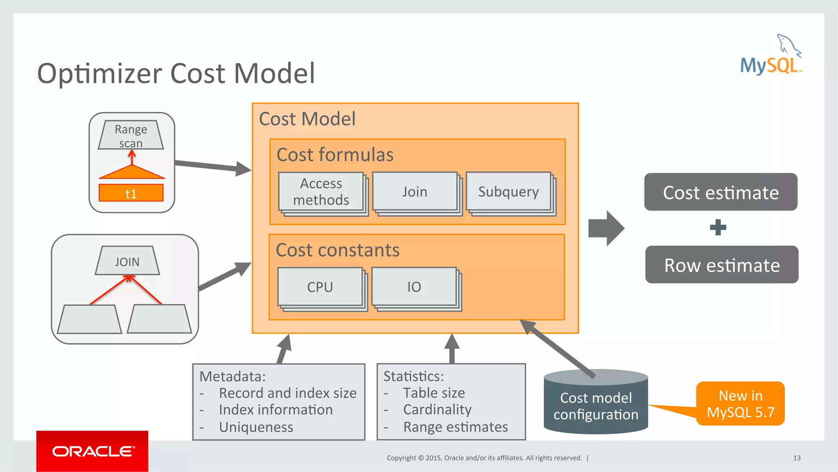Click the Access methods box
pyautogui.click(x=321, y=192)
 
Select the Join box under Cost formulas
pyautogui.click(x=414, y=192)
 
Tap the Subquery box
pyautogui.click(x=509, y=192)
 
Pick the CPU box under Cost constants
pyautogui.click(x=320, y=287)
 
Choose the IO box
pyautogui.click(x=414, y=287)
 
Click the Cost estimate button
pyautogui.click(x=721, y=192)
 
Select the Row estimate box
pyautogui.click(x=722, y=265)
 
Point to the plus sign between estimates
pyautogui.click(x=718, y=228)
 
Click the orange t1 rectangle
pyautogui.click(x=131, y=193)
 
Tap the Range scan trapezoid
pyautogui.click(x=131, y=135)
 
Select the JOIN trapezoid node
pyautogui.click(x=127, y=261)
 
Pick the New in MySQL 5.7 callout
pyautogui.click(x=741, y=404)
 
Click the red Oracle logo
pyautogui.click(x=92, y=451)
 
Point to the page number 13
pyautogui.click(x=797, y=458)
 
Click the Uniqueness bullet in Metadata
pyautogui.click(x=256, y=427)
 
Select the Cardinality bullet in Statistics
pyautogui.click(x=437, y=409)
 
